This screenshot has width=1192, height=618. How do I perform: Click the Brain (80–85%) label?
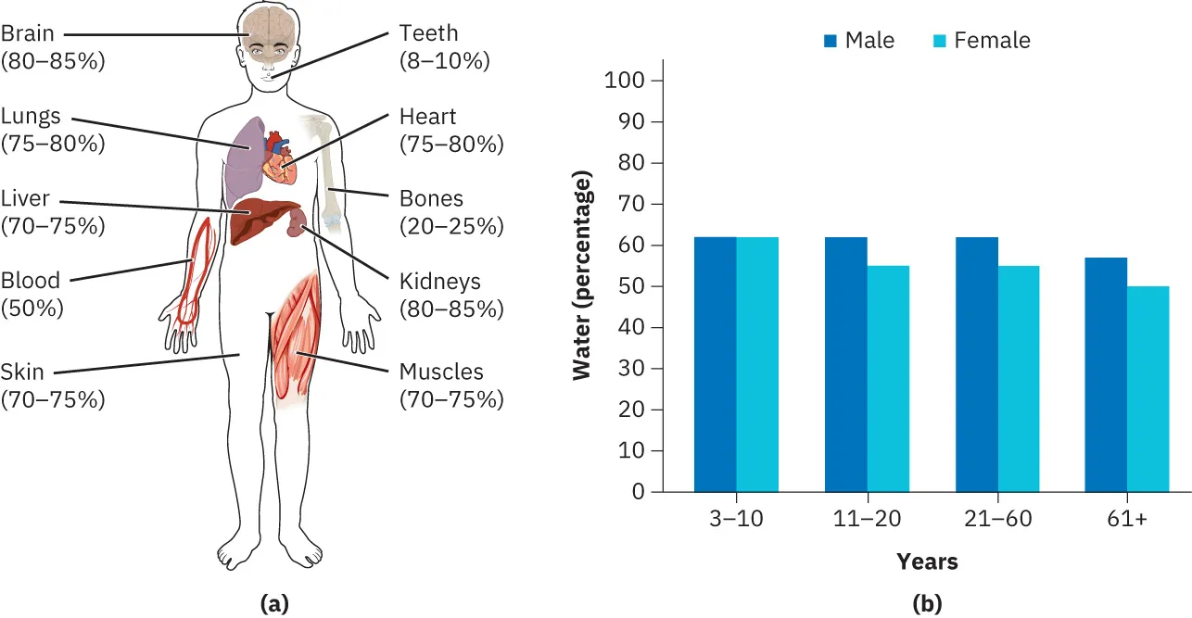[53, 48]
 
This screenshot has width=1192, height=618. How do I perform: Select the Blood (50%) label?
[32, 295]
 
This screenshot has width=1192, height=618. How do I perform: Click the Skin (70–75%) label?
[53, 386]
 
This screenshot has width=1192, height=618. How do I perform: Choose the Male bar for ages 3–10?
[716, 364]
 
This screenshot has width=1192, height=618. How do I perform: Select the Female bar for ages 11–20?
[888, 379]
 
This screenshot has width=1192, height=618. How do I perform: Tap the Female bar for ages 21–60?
[1019, 379]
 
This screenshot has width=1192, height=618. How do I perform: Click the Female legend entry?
[982, 41]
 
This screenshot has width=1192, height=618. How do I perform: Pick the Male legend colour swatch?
[831, 41]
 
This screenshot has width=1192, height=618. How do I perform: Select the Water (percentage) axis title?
[582, 280]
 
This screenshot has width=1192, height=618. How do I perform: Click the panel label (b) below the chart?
[927, 604]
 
